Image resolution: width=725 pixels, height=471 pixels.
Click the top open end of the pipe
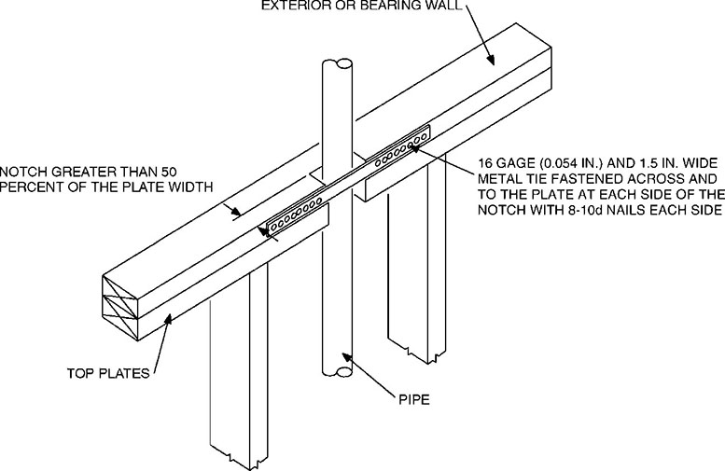click(336, 64)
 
